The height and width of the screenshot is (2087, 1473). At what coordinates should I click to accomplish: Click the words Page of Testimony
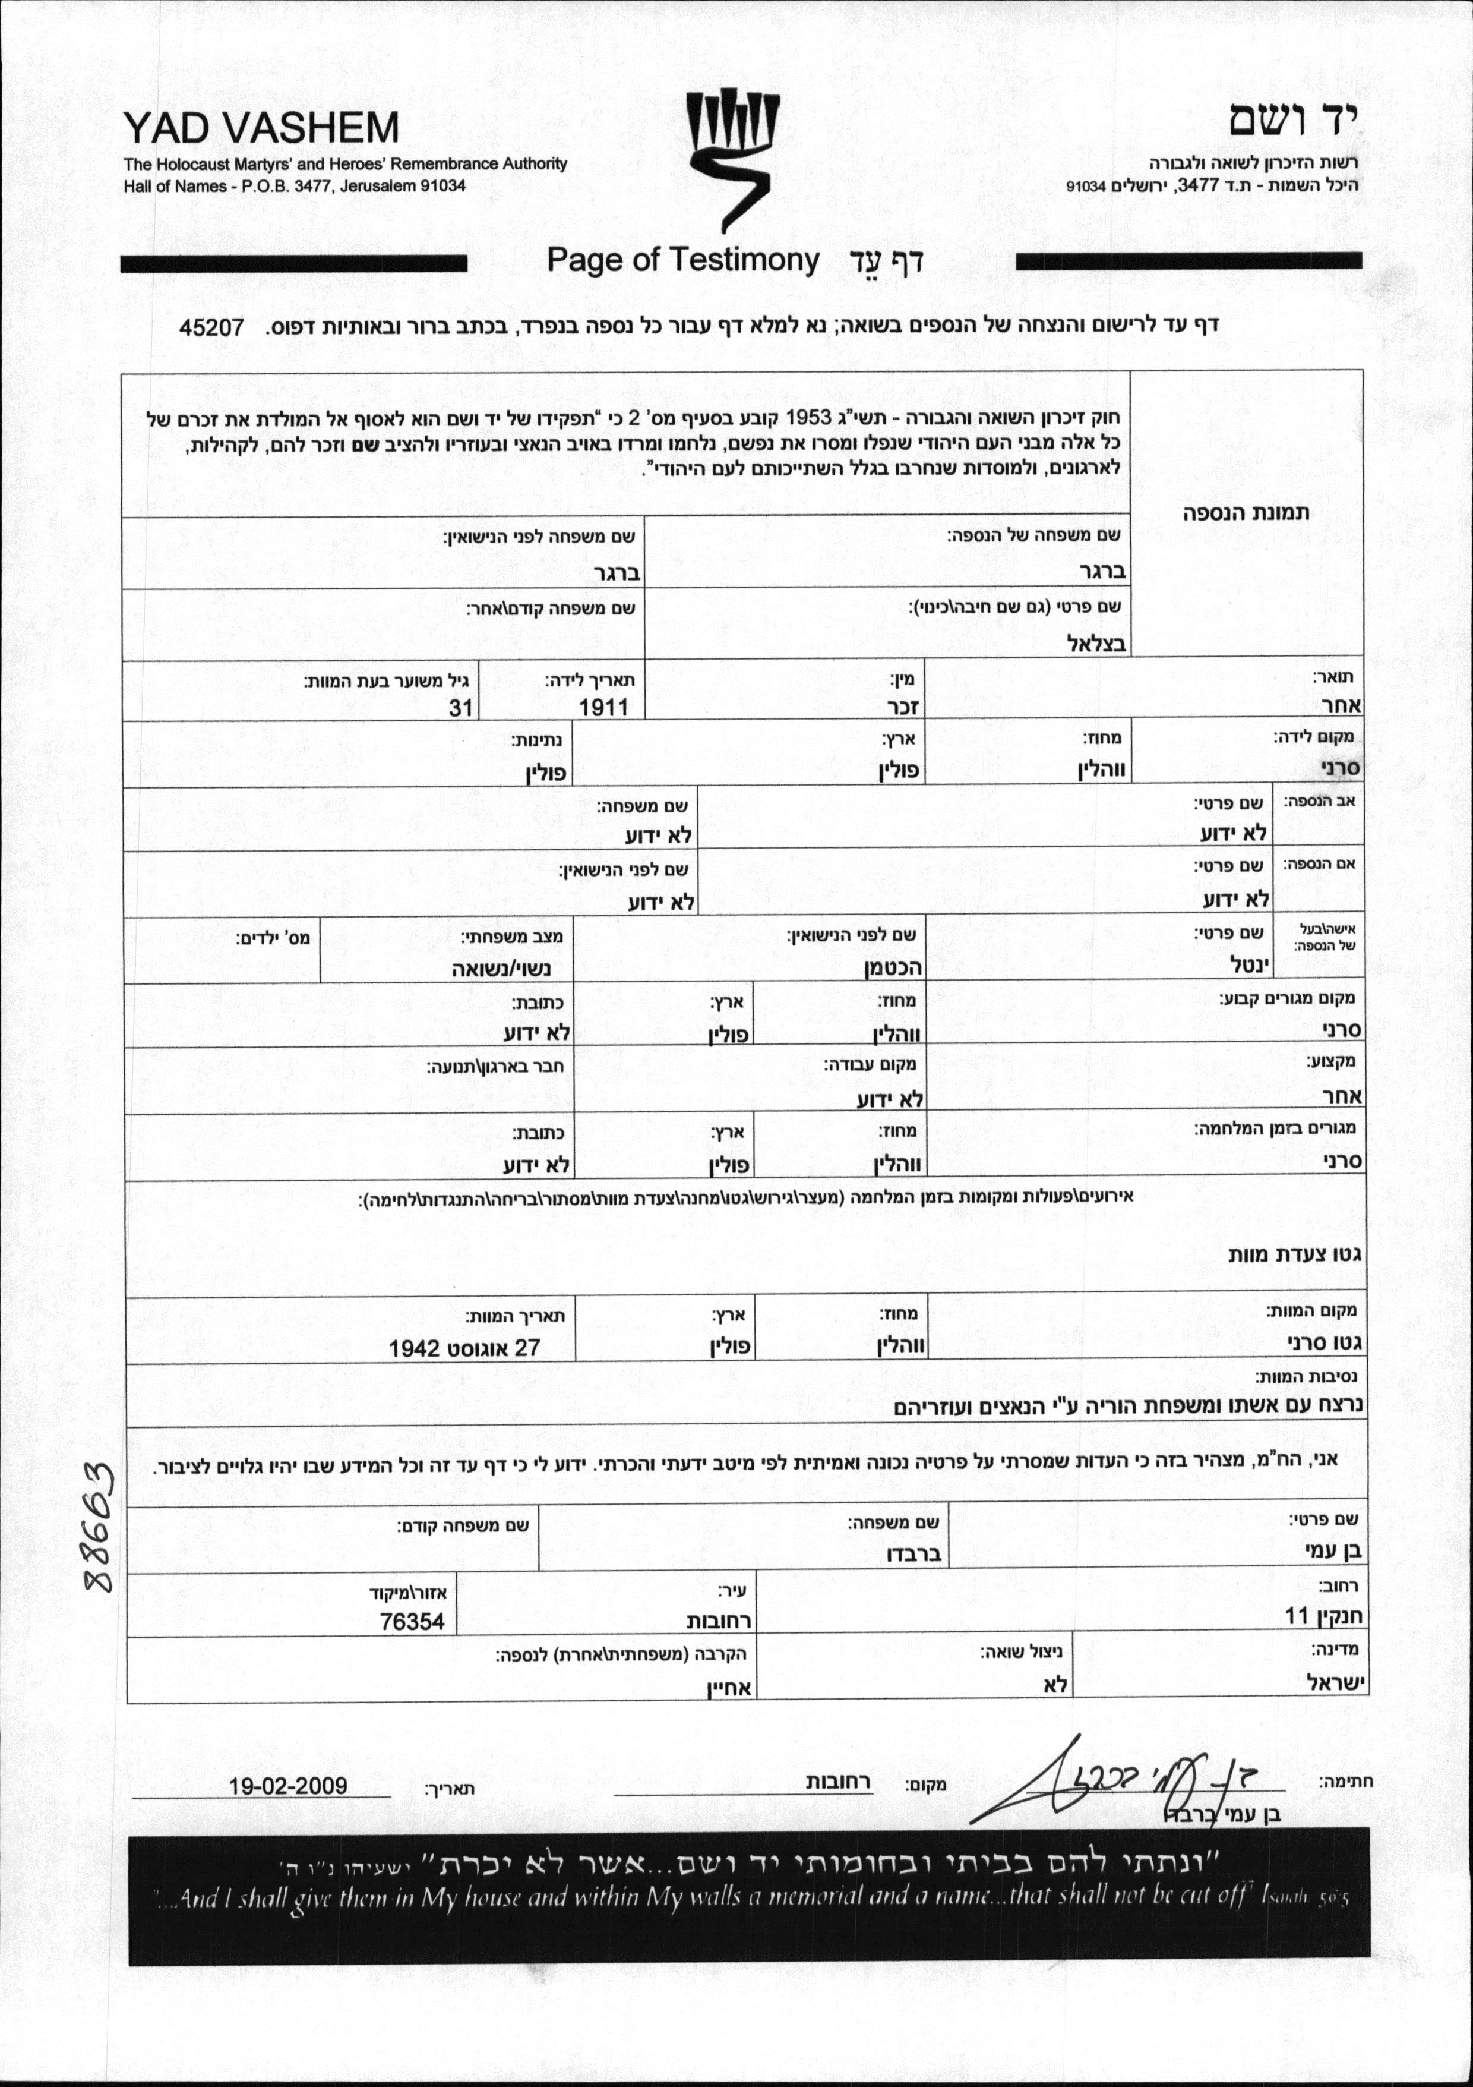pyautogui.click(x=682, y=261)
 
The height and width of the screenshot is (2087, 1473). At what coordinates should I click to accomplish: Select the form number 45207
pyautogui.click(x=211, y=327)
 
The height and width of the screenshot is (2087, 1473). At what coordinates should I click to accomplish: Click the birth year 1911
pyautogui.click(x=603, y=707)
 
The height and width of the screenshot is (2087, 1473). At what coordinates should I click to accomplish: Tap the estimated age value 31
pyautogui.click(x=461, y=707)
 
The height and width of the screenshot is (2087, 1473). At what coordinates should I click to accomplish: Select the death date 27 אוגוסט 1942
pyautogui.click(x=464, y=1348)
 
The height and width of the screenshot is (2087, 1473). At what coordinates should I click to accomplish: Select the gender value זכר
pyautogui.click(x=904, y=707)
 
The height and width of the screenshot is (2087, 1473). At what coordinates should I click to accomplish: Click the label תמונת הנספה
pyautogui.click(x=1246, y=512)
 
